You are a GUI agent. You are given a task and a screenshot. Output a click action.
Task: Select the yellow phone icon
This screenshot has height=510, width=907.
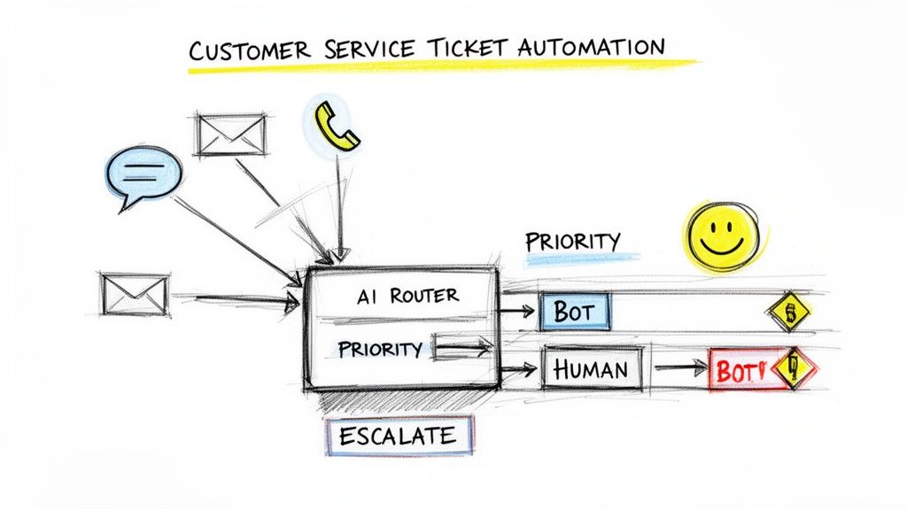336,125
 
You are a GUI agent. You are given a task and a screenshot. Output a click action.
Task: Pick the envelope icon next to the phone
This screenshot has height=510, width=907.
230,135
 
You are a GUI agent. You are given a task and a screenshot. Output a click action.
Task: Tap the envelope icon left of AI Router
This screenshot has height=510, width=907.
135,295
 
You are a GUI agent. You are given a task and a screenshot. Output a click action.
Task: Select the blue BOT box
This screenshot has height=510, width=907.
575,311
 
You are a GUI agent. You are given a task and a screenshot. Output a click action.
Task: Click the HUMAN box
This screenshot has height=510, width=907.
592,368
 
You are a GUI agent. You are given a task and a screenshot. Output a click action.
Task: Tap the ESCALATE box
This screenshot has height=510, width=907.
399,436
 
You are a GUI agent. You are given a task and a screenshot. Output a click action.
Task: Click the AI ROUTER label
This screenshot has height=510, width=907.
407,297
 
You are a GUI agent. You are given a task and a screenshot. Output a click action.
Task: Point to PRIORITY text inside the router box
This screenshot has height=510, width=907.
380,349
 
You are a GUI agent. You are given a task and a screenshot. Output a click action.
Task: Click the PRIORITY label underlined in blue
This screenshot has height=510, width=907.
573,241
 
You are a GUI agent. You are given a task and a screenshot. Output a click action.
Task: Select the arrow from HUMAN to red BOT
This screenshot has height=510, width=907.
679,367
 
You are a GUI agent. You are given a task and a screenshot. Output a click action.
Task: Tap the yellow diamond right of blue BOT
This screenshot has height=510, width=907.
789,312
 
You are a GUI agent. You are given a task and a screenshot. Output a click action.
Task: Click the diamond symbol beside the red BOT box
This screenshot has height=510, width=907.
794,368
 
